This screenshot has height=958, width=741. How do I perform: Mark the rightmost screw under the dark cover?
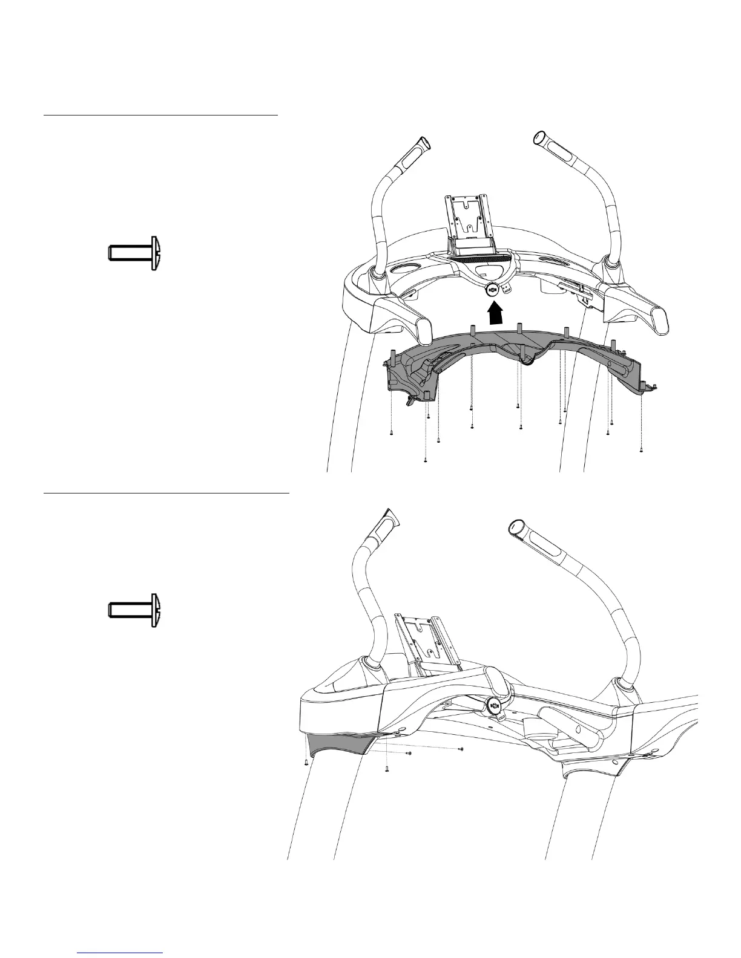[641, 451]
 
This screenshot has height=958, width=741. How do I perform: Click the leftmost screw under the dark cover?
[392, 433]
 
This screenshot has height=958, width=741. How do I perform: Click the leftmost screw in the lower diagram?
[306, 763]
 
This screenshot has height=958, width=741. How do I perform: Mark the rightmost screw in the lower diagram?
[461, 749]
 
